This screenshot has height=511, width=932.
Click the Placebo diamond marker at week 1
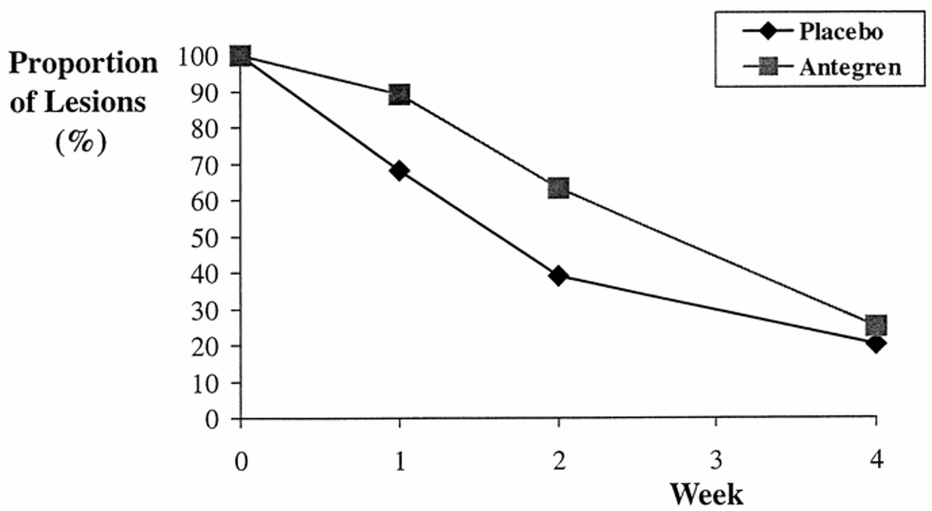(399, 171)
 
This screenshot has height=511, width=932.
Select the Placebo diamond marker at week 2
(558, 276)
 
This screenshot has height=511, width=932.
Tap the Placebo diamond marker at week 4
(877, 343)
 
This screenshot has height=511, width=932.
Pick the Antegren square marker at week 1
(399, 94)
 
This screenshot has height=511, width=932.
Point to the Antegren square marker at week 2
(558, 189)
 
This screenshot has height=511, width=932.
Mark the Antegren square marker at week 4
(877, 325)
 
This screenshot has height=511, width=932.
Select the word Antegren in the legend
(850, 67)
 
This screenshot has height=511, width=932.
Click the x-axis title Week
(706, 494)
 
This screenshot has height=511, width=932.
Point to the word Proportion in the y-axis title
(83, 64)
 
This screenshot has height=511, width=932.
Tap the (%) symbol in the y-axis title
(81, 140)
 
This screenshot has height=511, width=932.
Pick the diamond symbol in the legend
(768, 32)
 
